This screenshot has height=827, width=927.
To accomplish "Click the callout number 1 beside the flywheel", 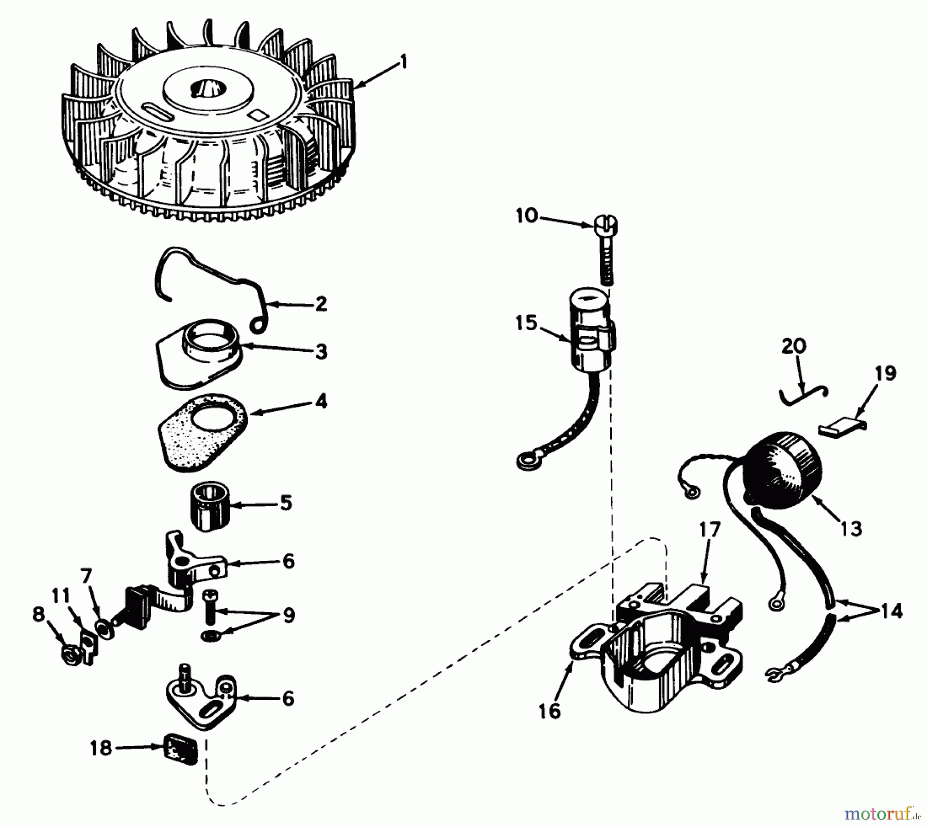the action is point(403,63).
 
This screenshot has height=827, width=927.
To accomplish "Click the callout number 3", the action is point(321,352).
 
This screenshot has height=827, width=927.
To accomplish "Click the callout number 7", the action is point(86,575).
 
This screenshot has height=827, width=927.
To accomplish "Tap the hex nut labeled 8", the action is point(69,655).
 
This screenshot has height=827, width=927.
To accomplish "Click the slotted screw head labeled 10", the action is point(606,226).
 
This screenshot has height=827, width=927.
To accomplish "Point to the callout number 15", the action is point(526,323).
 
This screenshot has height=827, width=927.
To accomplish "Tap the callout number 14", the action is point(892,611).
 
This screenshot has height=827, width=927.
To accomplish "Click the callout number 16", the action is point(549,711).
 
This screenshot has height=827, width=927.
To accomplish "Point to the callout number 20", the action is point(794,346).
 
